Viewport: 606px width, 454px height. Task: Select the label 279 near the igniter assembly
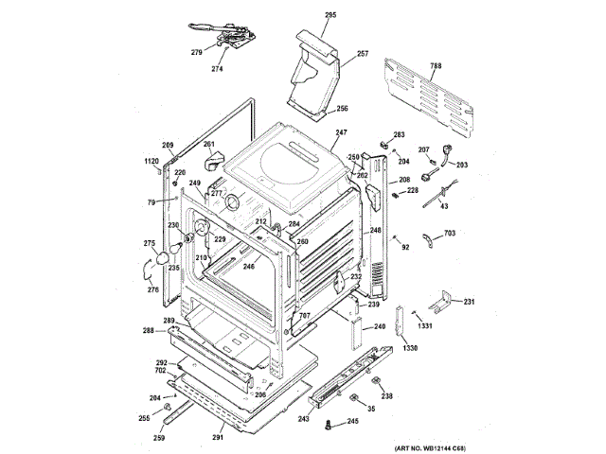pyautogui.click(x=197, y=52)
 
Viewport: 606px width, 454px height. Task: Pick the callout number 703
pyautogui.click(x=450, y=232)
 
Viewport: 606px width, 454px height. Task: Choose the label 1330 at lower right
pyautogui.click(x=410, y=349)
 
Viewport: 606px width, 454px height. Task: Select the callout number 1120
pyautogui.click(x=151, y=162)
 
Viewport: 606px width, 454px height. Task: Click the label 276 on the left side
pyautogui.click(x=152, y=289)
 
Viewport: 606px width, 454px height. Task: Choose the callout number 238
pyautogui.click(x=386, y=395)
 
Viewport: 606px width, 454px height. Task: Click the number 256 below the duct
pyautogui.click(x=342, y=108)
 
